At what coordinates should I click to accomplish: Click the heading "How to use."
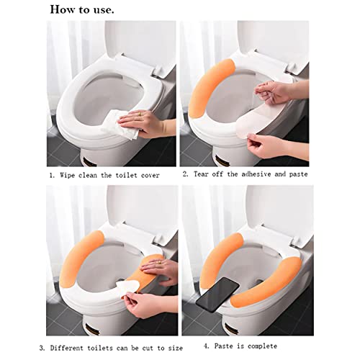(82, 9)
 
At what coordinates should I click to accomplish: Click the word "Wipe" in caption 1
(68, 175)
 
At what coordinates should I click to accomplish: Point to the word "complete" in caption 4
(262, 346)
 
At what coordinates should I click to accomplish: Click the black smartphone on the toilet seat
(217, 294)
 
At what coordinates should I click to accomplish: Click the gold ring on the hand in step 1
(140, 114)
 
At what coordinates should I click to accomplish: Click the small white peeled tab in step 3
(127, 286)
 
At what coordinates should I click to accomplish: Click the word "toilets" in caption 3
(100, 348)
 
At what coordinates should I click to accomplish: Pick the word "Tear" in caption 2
(201, 174)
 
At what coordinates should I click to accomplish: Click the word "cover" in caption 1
(150, 176)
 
